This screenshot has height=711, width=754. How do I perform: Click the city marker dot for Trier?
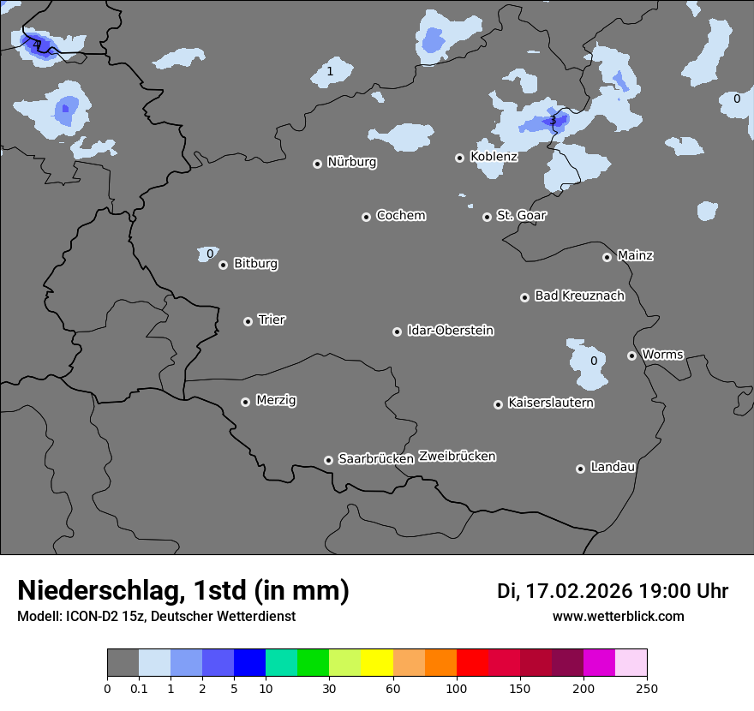click(x=248, y=321)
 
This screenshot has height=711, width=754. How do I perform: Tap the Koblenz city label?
click(x=494, y=157)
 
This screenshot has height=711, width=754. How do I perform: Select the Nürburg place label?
click(x=351, y=162)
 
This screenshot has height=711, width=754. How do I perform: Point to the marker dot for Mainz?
click(x=607, y=257)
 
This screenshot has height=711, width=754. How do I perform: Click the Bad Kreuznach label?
click(x=579, y=296)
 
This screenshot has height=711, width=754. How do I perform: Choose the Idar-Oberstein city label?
click(x=450, y=331)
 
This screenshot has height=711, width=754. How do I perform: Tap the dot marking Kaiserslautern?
click(x=498, y=404)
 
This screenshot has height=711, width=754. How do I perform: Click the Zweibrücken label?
click(x=457, y=456)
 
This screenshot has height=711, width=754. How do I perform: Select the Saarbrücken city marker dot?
click(x=328, y=460)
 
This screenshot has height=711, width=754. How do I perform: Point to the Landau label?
click(x=613, y=467)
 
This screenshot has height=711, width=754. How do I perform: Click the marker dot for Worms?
click(x=631, y=355)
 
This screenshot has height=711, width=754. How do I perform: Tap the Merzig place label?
click(x=276, y=400)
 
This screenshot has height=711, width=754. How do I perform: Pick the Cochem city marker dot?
click(x=366, y=217)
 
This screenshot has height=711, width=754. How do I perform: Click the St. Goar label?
click(x=521, y=215)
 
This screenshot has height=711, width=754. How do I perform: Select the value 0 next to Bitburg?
click(x=210, y=254)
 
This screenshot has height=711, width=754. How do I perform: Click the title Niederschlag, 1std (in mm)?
click(x=183, y=590)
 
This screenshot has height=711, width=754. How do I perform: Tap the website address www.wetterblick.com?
click(x=618, y=616)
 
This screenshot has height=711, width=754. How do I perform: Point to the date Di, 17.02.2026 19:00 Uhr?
click(x=613, y=591)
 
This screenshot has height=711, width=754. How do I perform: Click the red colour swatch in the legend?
click(x=472, y=663)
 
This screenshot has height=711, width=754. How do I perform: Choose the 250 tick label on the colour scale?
click(x=646, y=688)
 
